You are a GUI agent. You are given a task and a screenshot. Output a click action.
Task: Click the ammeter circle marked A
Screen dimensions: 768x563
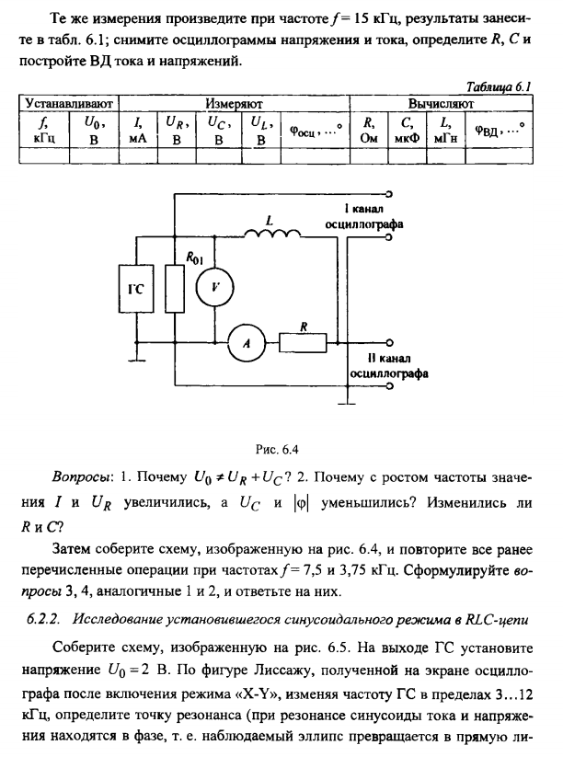coord(247,342)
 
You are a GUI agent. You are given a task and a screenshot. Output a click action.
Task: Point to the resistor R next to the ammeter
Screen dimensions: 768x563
coord(304,342)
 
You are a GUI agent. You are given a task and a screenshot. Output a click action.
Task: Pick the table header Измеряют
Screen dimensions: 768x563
coord(232,103)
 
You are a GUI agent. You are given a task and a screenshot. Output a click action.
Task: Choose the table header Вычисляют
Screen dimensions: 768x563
coord(443,103)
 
